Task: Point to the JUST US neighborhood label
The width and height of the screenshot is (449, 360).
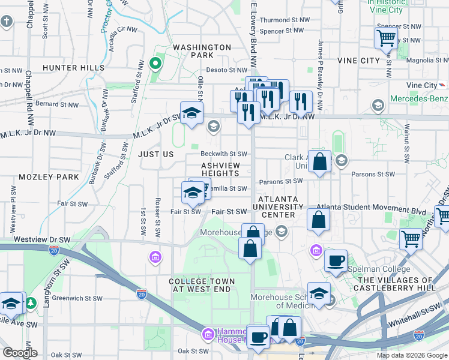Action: pos(155,154)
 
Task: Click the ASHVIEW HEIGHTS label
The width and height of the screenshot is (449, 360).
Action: pos(220,169)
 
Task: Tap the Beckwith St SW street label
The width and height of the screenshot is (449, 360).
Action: pos(224,154)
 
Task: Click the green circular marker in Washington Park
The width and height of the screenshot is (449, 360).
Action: pos(155,62)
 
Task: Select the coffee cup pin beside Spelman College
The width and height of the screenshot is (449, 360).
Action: pos(336,260)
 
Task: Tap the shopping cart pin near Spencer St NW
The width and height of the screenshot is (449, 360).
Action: pos(386,37)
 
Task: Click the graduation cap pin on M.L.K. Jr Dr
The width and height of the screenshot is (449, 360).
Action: pos(191,114)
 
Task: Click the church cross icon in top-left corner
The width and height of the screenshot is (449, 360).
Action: pos(7,23)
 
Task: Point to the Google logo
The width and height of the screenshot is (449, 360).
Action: pos(20,353)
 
